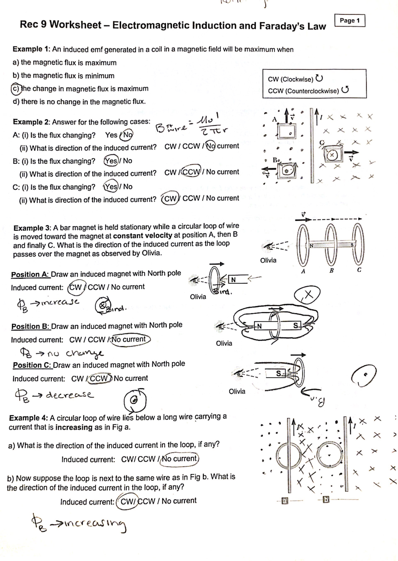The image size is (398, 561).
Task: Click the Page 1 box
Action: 350,21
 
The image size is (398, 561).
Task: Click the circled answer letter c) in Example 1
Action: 15,89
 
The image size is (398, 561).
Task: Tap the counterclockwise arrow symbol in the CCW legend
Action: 345,90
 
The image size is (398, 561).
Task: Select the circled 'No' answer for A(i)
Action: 127,135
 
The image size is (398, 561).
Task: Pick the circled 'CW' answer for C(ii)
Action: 170,198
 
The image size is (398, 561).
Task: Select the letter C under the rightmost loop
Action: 359,270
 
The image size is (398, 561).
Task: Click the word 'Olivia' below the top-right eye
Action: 268,260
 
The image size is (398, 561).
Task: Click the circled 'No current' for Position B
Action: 130,340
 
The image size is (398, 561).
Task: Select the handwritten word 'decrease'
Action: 70,395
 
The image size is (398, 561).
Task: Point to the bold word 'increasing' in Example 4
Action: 74,427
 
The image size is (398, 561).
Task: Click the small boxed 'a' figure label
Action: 284,501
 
